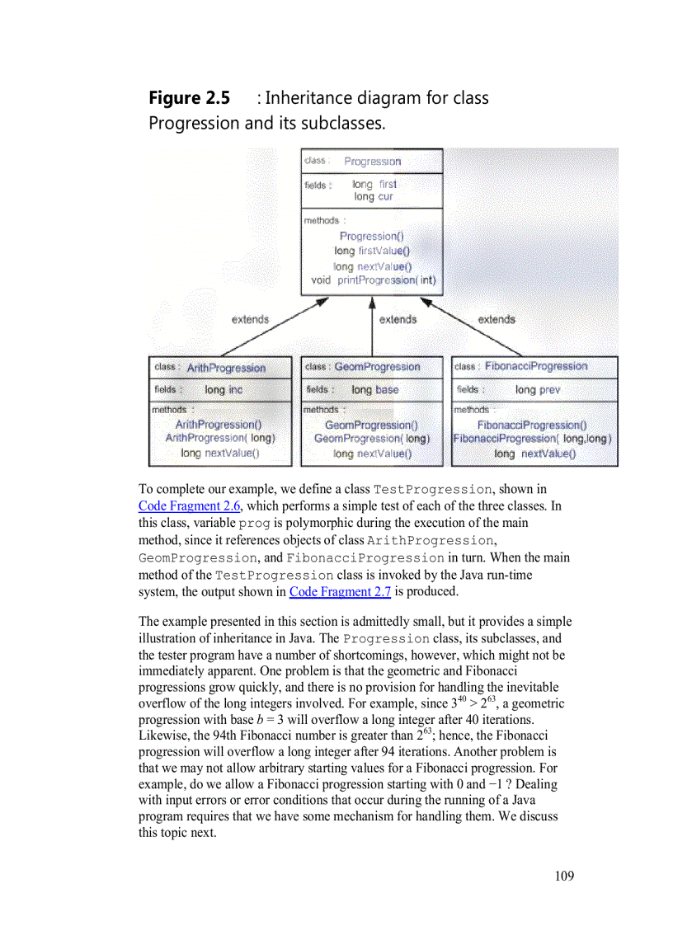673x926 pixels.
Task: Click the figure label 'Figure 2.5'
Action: click(x=189, y=98)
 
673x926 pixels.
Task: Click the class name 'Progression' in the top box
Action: click(x=372, y=162)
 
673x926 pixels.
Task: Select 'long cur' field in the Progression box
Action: click(x=374, y=197)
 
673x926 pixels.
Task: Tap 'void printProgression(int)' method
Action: click(x=374, y=280)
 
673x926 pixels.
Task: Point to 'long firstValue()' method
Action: click(x=372, y=251)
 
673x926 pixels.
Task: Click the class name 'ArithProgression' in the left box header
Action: click(x=226, y=368)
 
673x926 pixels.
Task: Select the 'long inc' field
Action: click(x=224, y=390)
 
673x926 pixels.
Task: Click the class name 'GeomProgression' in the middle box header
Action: click(x=377, y=367)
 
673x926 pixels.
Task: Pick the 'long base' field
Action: click(x=374, y=390)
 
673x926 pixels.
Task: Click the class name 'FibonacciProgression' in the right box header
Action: click(x=536, y=366)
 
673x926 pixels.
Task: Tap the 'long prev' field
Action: click(x=538, y=390)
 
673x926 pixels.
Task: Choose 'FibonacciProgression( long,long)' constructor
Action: click(x=533, y=439)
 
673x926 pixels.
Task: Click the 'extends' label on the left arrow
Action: click(x=250, y=320)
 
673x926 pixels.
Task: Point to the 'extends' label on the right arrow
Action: click(x=497, y=320)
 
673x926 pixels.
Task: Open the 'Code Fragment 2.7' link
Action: click(x=340, y=591)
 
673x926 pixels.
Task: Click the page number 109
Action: click(x=564, y=876)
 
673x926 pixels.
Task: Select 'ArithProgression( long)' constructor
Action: click(x=220, y=439)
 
